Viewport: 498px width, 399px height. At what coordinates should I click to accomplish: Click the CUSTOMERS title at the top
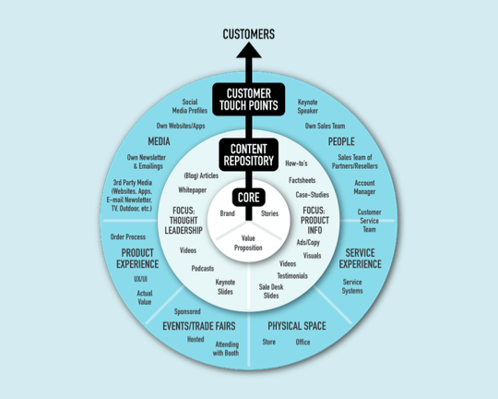pos(249,34)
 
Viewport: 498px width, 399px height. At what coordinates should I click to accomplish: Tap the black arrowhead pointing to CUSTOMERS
pos(249,50)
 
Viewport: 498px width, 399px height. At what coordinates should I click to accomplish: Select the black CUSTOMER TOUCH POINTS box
pos(249,99)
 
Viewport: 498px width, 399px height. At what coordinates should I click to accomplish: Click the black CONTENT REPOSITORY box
pos(249,154)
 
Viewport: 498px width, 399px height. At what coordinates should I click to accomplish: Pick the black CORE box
pos(249,198)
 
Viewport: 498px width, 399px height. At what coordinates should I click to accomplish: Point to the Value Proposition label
pos(248,243)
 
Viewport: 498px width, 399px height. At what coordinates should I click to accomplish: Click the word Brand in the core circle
pos(228,213)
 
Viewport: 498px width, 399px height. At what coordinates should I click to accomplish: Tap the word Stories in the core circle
pos(269,213)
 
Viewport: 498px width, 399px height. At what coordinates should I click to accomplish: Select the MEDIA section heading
pos(159,141)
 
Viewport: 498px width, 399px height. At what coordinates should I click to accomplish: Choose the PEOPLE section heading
pos(341,141)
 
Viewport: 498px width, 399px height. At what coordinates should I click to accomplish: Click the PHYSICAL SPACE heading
pos(297,326)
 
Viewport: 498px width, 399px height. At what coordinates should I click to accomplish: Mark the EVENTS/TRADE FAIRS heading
pos(199,326)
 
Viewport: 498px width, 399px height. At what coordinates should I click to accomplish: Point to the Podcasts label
pos(203,269)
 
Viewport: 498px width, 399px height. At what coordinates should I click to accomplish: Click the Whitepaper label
pos(193,190)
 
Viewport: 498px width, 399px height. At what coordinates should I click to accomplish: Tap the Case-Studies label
pos(313,195)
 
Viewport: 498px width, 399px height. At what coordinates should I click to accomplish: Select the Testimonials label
pos(292,275)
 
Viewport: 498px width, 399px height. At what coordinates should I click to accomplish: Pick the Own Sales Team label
pos(325,126)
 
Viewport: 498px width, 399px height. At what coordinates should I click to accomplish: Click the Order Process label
pos(128,236)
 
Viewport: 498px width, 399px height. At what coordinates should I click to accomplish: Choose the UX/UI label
pos(140,279)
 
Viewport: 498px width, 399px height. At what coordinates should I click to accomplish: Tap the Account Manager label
pos(364,187)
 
